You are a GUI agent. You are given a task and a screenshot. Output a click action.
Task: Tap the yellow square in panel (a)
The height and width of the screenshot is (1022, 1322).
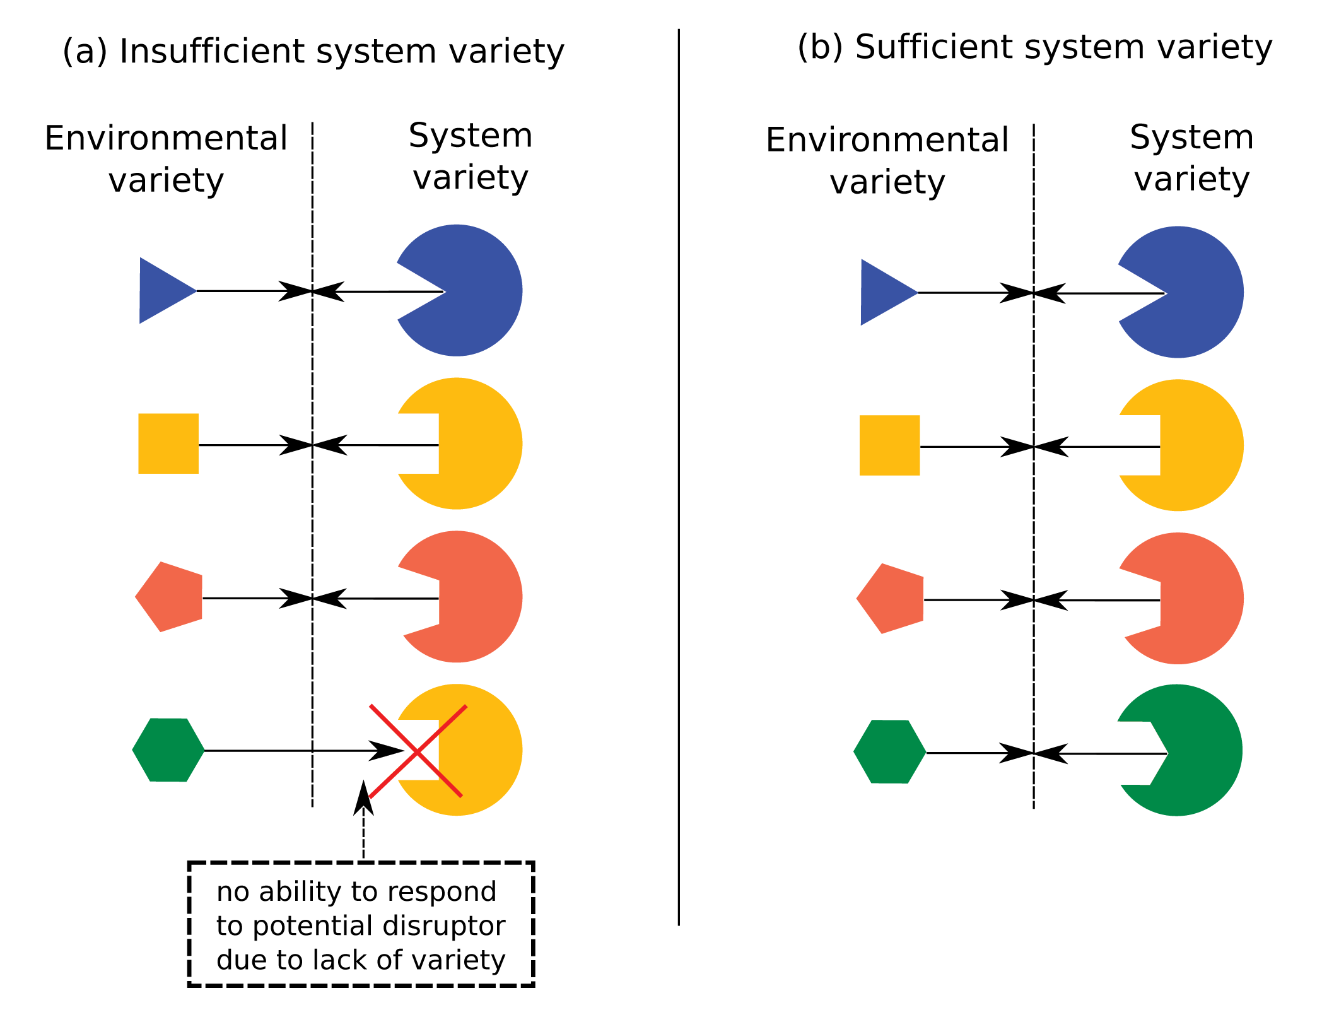tap(168, 443)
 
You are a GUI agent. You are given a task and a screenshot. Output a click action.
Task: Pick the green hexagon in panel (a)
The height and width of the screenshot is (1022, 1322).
tap(168, 750)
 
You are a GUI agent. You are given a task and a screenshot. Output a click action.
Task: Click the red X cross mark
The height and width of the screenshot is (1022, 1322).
tap(418, 751)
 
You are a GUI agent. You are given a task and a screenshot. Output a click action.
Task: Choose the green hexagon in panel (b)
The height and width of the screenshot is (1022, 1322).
tap(890, 752)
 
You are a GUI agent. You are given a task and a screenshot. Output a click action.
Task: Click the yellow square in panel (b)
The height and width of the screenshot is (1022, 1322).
tap(890, 445)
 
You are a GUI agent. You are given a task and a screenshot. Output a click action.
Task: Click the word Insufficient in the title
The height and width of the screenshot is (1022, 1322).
tap(213, 51)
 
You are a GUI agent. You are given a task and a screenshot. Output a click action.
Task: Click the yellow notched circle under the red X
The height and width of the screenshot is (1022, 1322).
tap(473, 750)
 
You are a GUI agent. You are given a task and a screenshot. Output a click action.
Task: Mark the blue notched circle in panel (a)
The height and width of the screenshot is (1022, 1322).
tap(467, 290)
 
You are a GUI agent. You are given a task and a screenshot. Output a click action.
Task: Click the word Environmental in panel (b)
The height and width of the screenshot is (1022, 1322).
tap(887, 140)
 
